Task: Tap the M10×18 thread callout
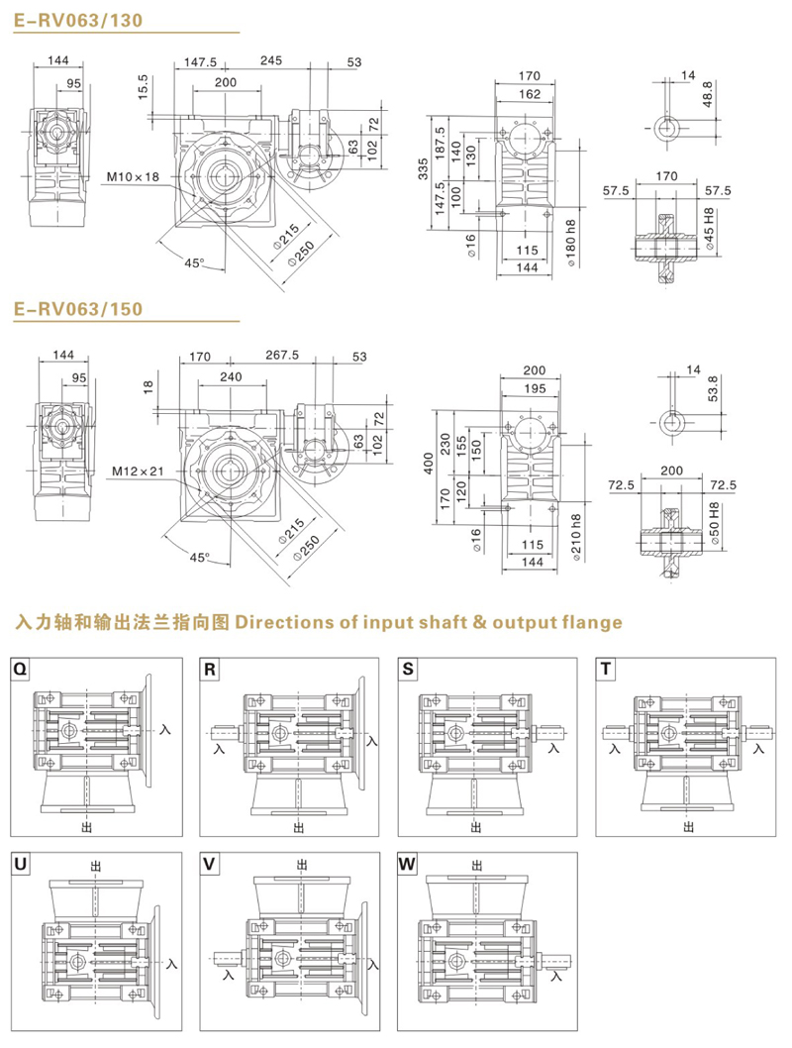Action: coord(133,176)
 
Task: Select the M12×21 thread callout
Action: coord(136,471)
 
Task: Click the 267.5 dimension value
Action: coord(282,355)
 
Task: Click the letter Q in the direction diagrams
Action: coord(21,670)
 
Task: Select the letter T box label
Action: coord(606,670)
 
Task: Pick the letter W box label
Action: coord(408,864)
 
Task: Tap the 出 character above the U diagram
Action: coord(95,866)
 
